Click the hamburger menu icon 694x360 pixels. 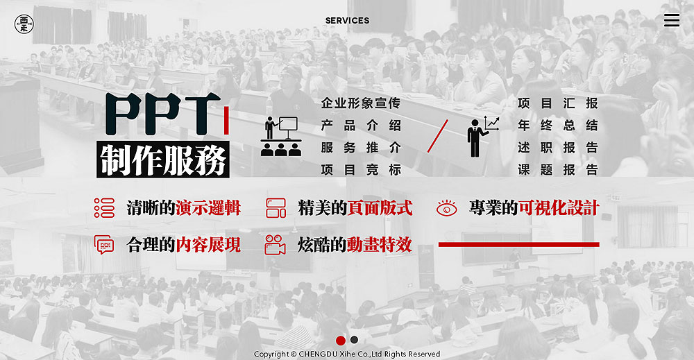[x=671, y=20]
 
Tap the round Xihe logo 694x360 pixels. [x=24, y=24]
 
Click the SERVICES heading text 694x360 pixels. [x=347, y=20]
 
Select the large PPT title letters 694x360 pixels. [x=163, y=114]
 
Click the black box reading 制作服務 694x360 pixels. [x=163, y=160]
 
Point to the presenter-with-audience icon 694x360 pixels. [x=281, y=136]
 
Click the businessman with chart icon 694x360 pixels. [x=483, y=136]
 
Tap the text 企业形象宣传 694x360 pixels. [x=361, y=103]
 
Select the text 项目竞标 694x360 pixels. [x=361, y=169]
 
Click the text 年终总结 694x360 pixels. [x=558, y=125]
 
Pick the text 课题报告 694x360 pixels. [x=558, y=169]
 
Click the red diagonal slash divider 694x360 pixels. [x=438, y=136]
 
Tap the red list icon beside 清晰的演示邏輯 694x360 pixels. [x=105, y=208]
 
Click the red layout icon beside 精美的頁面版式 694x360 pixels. [x=276, y=208]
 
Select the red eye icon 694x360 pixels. [x=446, y=208]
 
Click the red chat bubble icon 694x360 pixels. [x=104, y=245]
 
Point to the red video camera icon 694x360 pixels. [x=275, y=245]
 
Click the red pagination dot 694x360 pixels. [x=340, y=340]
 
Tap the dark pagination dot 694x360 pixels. [x=354, y=340]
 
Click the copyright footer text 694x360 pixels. [x=347, y=354]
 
